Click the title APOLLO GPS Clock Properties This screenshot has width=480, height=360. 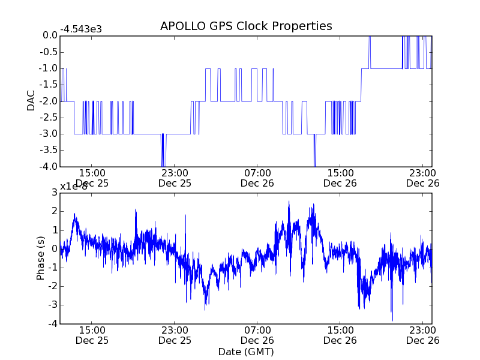click(246, 26)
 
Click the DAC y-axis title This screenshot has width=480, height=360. click(31, 101)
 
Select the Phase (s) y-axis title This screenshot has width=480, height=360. click(41, 257)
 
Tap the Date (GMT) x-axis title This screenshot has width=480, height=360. click(246, 351)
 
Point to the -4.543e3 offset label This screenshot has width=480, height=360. click(81, 29)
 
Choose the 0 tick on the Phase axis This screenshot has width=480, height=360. click(54, 248)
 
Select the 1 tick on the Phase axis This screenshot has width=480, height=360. click(54, 230)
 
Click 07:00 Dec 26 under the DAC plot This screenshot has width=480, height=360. click(257, 178)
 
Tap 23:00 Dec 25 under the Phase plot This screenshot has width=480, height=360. click(175, 335)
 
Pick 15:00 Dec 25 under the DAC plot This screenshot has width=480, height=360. click(92, 178)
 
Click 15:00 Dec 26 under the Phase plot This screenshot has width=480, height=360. click(340, 335)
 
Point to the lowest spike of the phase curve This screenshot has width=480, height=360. click(392, 320)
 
